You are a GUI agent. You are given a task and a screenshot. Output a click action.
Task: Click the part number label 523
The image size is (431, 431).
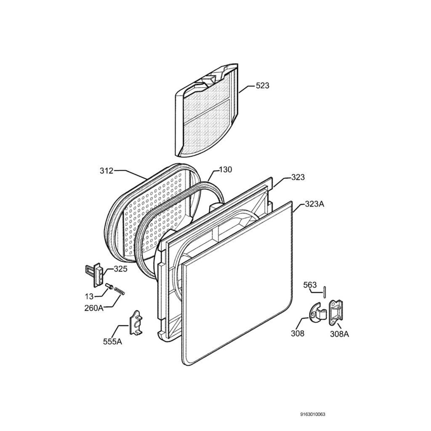263,86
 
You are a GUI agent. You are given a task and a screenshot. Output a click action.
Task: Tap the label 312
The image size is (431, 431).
106,171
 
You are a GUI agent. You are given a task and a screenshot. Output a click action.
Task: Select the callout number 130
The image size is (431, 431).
226,170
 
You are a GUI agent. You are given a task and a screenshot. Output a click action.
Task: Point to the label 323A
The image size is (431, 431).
314,204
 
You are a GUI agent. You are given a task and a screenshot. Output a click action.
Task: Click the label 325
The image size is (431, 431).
120,269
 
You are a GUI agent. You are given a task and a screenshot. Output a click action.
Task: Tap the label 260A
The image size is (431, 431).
93,308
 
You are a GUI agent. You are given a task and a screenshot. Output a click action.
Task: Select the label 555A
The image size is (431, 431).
112,341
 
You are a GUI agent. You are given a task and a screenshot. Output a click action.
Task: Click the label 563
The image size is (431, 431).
310,285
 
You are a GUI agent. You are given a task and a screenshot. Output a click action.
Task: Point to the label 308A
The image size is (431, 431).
340,334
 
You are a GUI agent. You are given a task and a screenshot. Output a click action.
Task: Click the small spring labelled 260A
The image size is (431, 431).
120,291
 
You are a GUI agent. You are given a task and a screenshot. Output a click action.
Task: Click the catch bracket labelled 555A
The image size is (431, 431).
136,323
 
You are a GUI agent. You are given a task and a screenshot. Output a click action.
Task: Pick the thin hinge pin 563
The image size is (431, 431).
325,292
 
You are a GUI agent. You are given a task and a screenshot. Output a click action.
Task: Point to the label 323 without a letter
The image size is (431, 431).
298,178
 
